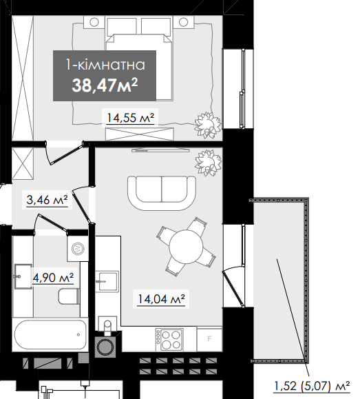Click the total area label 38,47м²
(x=105, y=85)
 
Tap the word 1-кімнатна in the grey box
(x=105, y=65)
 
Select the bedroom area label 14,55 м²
(x=130, y=118)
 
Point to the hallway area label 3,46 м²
(x=47, y=200)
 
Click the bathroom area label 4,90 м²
(x=53, y=277)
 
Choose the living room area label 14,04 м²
(x=161, y=298)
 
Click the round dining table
(x=186, y=247)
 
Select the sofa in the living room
(x=162, y=193)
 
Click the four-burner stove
(x=169, y=340)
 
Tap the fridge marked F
(x=209, y=338)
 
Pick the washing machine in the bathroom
(x=78, y=248)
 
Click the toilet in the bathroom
(x=69, y=296)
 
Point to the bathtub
(x=50, y=334)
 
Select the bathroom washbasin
(x=23, y=276)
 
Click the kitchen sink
(x=107, y=281)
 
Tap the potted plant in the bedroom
(x=208, y=125)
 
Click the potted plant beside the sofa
(x=208, y=163)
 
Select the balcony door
(x=233, y=289)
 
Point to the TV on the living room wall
(x=160, y=151)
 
